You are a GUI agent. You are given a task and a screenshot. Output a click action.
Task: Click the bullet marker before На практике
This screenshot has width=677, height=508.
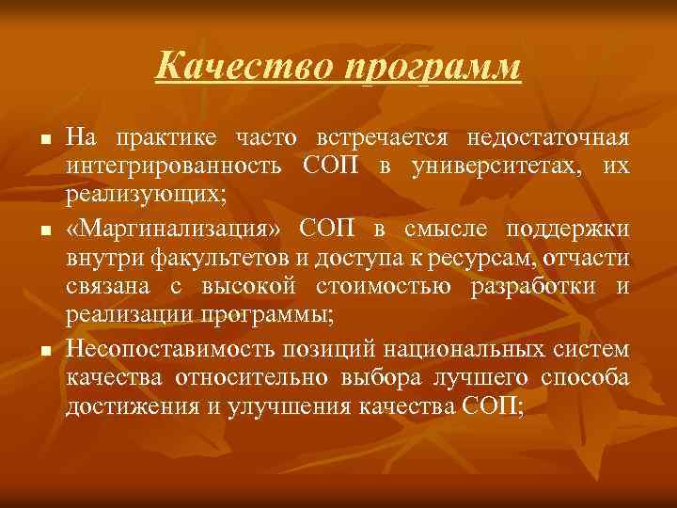coord(43,141)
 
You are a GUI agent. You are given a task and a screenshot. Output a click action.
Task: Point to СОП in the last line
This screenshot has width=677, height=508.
coord(489,407)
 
